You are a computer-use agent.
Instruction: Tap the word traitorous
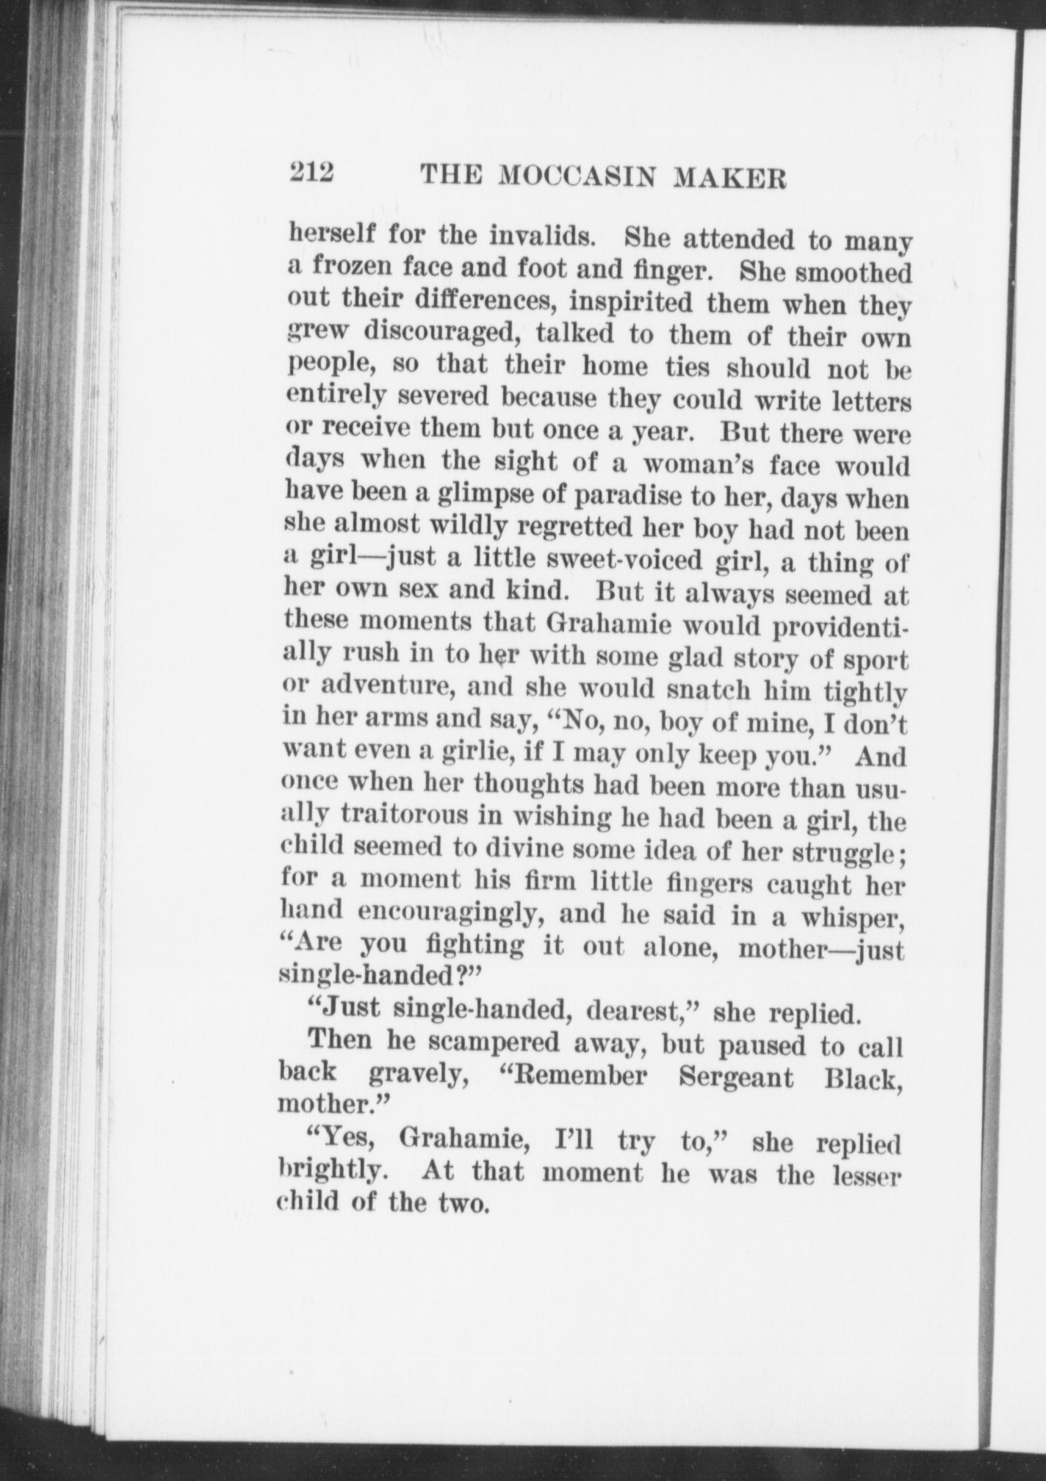[418, 815]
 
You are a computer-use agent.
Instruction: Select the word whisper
[851, 918]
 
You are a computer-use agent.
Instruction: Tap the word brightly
[331, 1168]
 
